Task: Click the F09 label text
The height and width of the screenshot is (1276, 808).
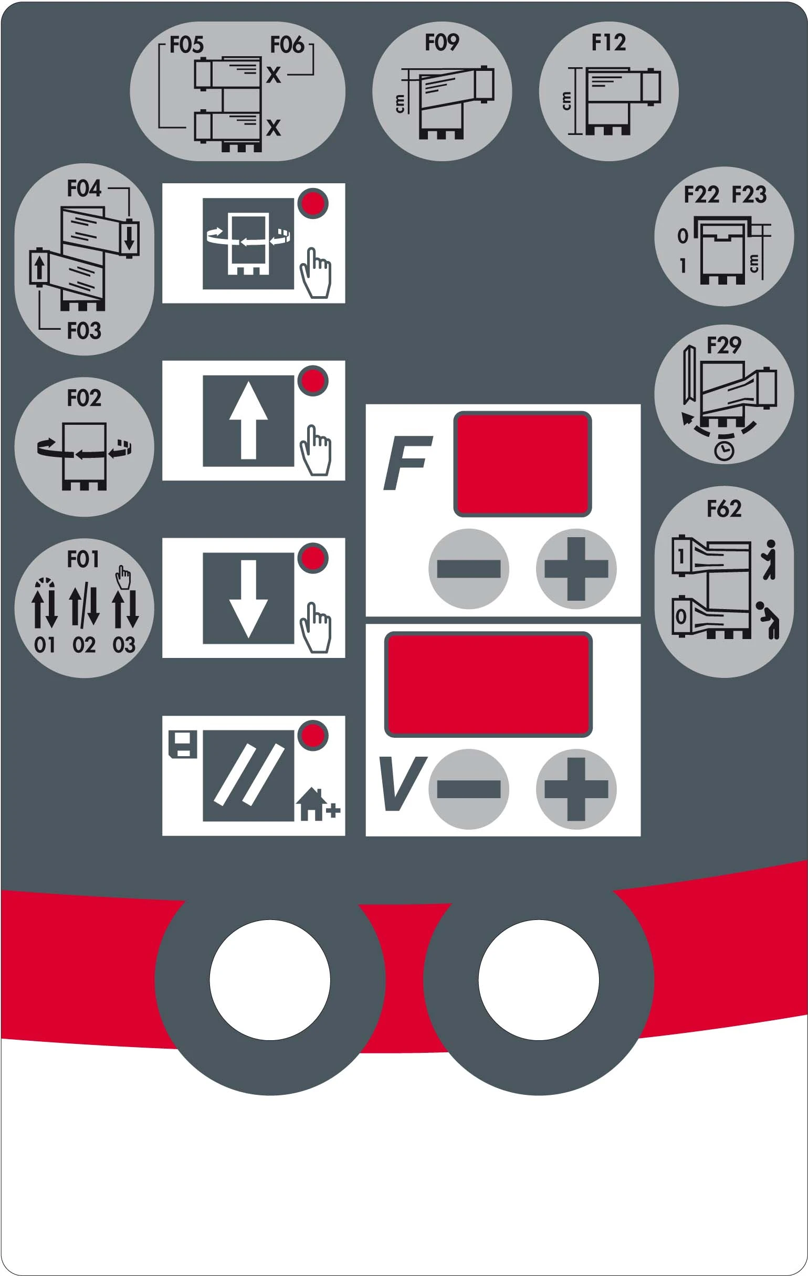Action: [442, 43]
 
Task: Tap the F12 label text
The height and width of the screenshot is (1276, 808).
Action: [609, 43]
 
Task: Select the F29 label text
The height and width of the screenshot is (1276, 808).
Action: [724, 346]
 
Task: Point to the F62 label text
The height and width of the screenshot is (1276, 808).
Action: [724, 509]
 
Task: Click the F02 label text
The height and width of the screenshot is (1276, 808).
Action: [83, 398]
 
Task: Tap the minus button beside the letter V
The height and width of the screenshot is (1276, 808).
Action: [469, 789]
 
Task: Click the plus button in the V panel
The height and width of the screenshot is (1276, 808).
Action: [576, 789]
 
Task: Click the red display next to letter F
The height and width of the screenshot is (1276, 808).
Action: [522, 464]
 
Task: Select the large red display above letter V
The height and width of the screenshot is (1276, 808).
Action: [488, 684]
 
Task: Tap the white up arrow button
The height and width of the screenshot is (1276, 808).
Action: [248, 421]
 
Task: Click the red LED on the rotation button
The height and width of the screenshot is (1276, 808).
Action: [313, 204]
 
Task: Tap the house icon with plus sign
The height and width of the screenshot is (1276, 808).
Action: [317, 804]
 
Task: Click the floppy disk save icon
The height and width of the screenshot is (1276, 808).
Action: [183, 744]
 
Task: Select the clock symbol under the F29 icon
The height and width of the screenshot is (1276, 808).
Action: [724, 452]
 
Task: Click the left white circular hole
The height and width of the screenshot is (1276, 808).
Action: [270, 980]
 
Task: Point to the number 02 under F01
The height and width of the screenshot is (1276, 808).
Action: [83, 645]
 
